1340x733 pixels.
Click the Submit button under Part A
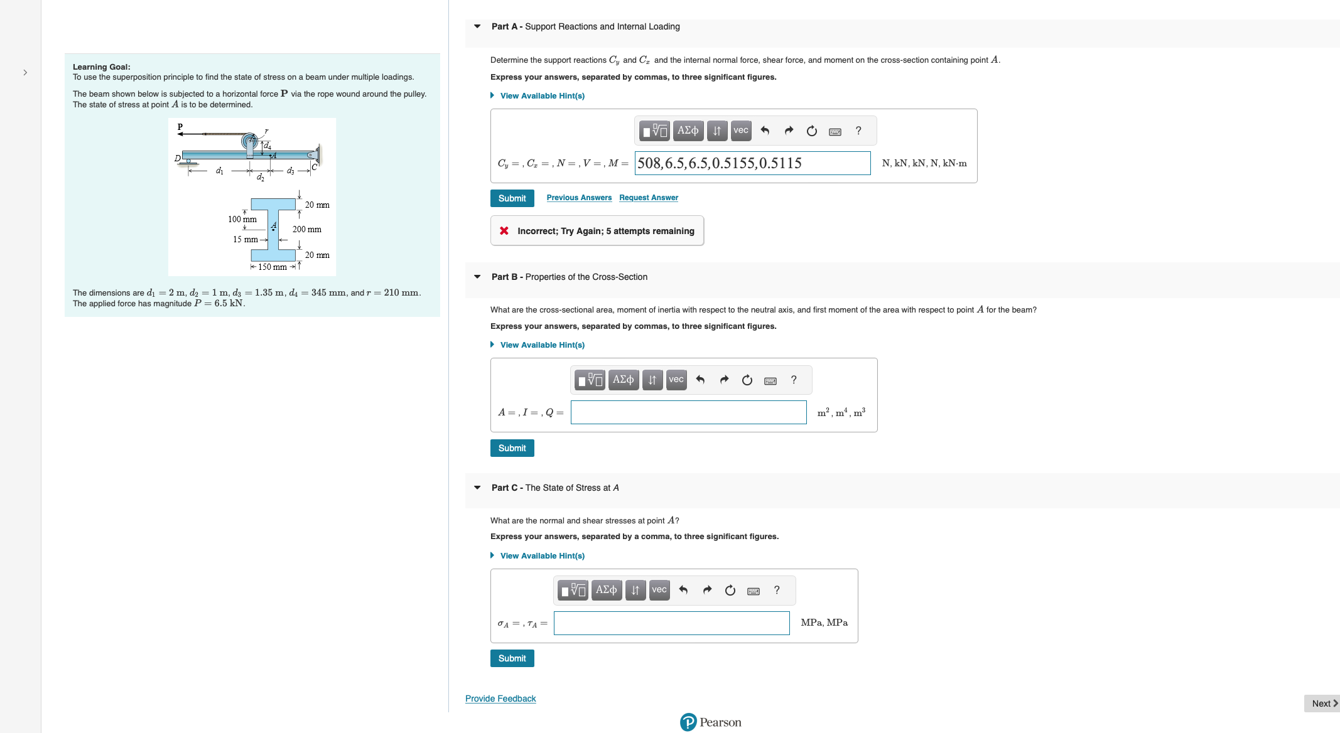click(x=512, y=198)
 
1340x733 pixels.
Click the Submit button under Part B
click(x=512, y=448)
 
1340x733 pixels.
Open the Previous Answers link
click(x=578, y=198)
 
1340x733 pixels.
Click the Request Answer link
click(x=648, y=198)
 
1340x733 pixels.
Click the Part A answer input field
click(x=752, y=163)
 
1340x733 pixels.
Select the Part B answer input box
click(x=688, y=412)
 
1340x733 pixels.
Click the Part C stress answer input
click(x=671, y=623)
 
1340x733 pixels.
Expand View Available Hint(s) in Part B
click(x=542, y=345)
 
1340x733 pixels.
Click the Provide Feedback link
click(x=500, y=698)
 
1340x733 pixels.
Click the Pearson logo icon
click(x=688, y=722)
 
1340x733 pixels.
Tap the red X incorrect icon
click(x=504, y=231)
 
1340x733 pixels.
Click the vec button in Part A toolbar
click(x=741, y=131)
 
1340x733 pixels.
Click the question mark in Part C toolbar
click(x=777, y=590)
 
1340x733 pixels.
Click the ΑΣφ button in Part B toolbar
click(x=623, y=380)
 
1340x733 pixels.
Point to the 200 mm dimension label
click(x=306, y=230)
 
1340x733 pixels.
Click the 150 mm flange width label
click(x=272, y=267)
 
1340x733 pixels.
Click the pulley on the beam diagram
click(x=250, y=142)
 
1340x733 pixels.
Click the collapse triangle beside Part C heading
click(x=477, y=488)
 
